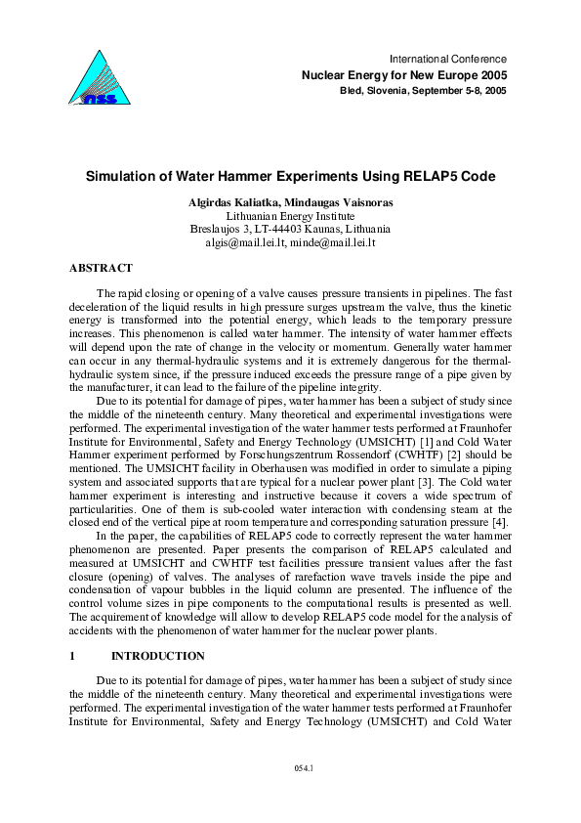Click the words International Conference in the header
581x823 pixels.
(448, 60)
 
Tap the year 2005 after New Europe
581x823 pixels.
(492, 75)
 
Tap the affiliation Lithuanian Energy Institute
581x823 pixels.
(289, 216)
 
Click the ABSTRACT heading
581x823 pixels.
(101, 267)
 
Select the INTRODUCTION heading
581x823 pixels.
(158, 656)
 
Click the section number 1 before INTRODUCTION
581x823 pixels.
(74, 656)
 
